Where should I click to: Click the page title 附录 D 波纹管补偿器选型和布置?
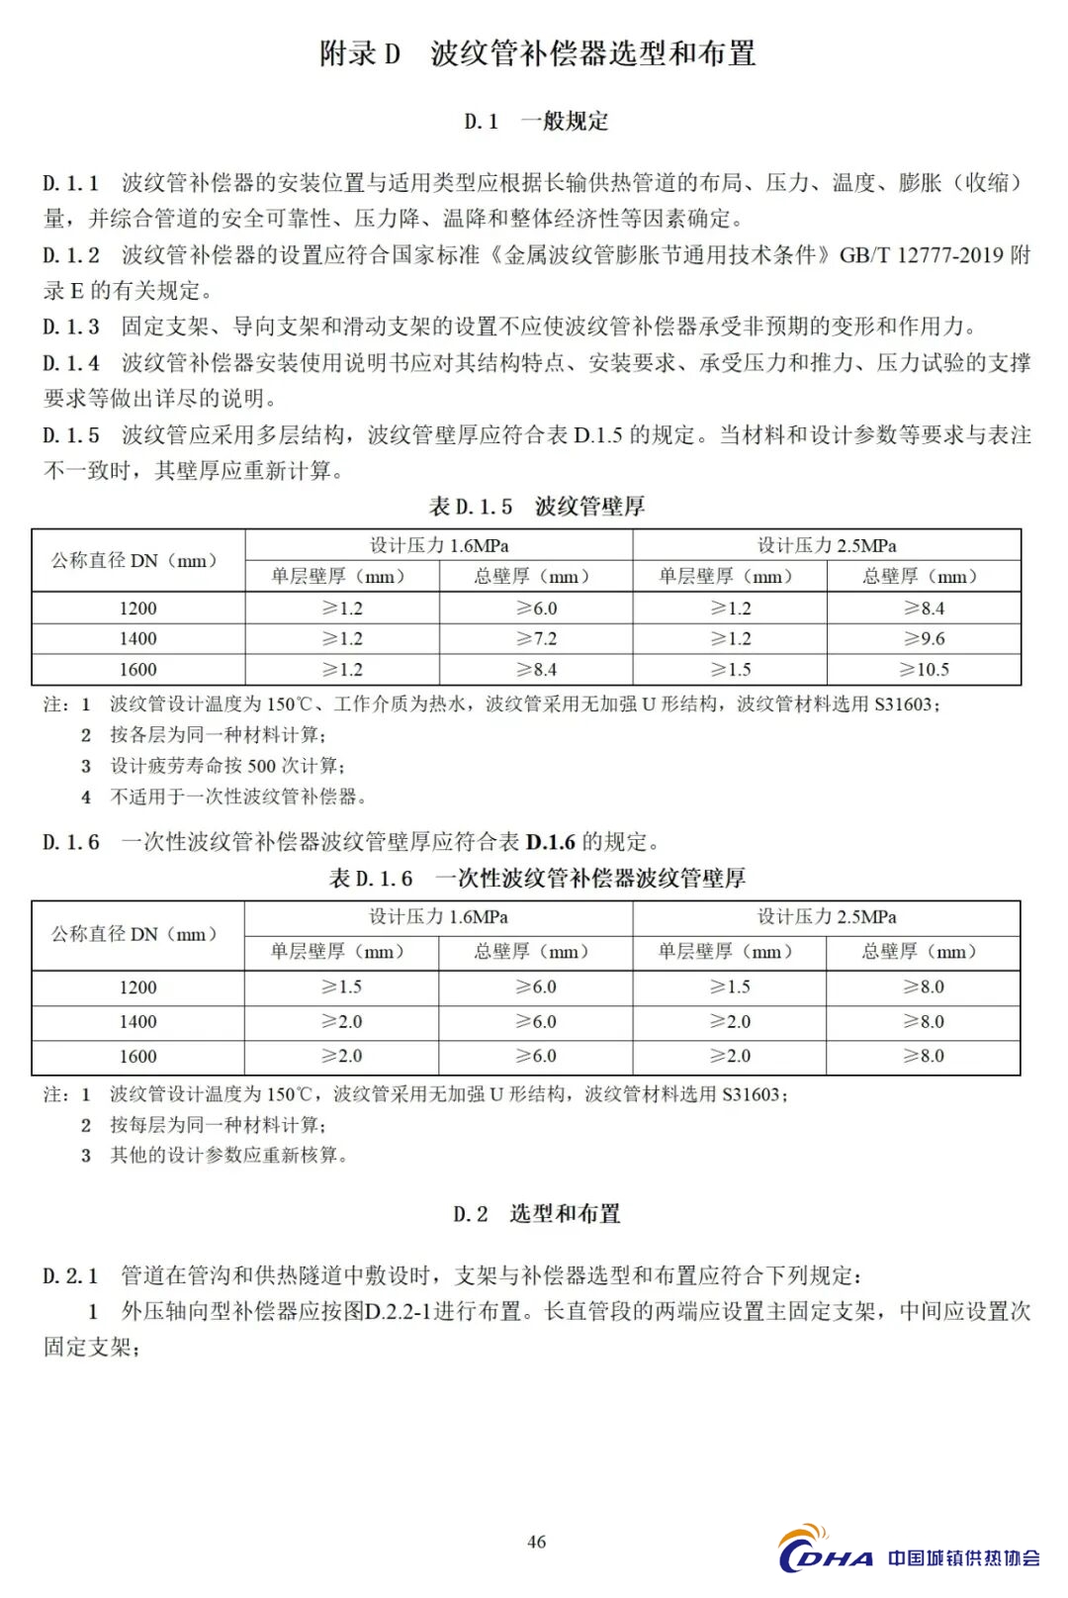pos(537,53)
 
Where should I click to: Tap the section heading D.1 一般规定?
pos(536,122)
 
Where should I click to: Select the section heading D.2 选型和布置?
pos(536,1214)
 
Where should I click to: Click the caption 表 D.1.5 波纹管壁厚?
pos(536,507)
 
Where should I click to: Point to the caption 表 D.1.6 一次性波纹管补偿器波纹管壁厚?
pos(536,878)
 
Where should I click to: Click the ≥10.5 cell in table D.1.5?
pos(924,670)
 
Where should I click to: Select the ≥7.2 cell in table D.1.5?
pos(536,639)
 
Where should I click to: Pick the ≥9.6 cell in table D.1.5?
pos(924,639)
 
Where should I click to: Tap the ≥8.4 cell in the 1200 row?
pos(924,609)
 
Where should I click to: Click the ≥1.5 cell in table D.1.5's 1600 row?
pos(730,670)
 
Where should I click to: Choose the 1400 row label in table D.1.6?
pos(138,1022)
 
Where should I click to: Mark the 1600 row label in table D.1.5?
pos(138,670)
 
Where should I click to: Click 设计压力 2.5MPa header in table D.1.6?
pos(827,917)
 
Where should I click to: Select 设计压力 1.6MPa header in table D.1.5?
pos(439,545)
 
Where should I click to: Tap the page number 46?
pos(537,1542)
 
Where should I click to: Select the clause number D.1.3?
pos(71,327)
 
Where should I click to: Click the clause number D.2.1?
pos(71,1275)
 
